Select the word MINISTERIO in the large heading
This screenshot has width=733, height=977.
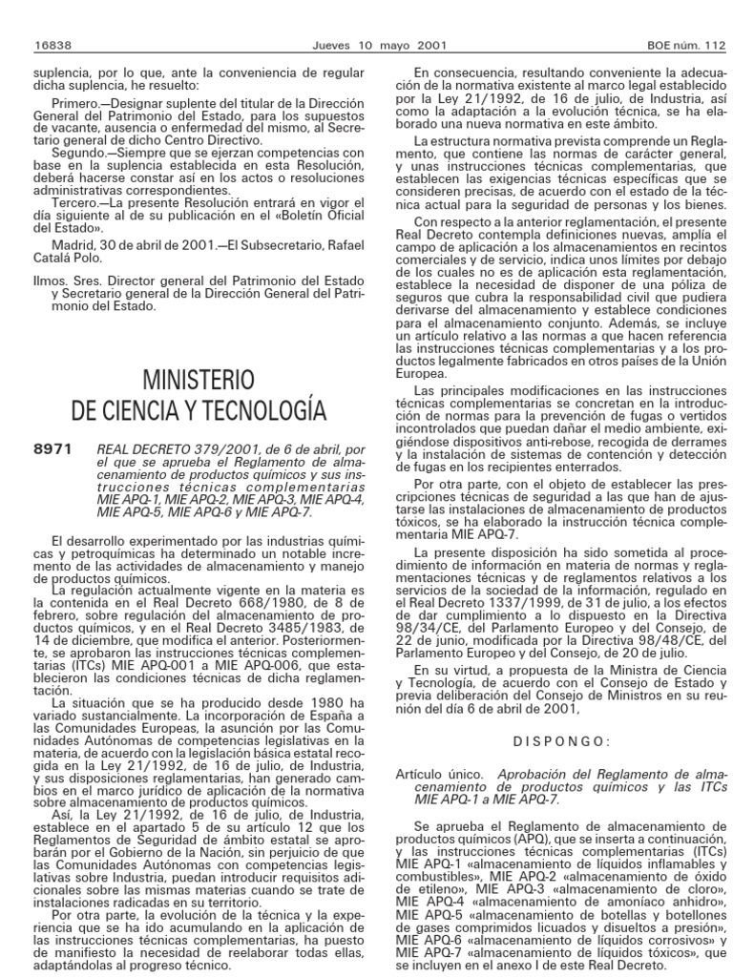[199, 380]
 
